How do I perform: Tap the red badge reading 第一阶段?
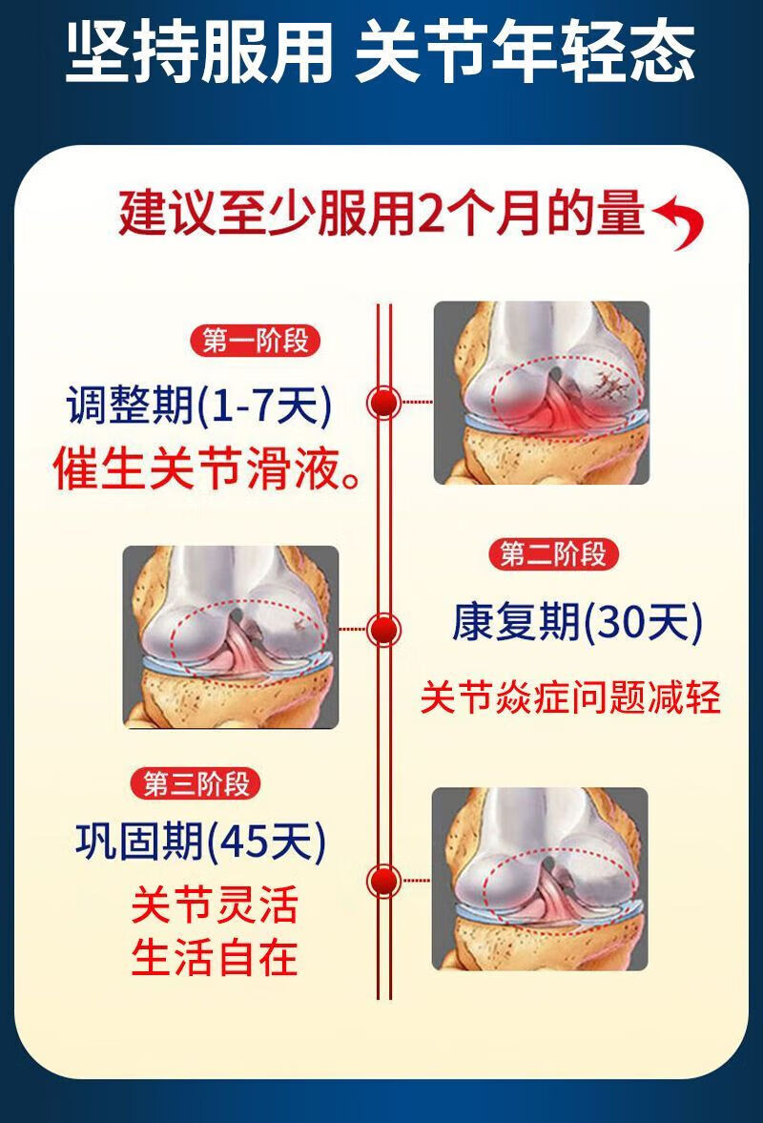[x=256, y=341]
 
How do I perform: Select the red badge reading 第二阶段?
[x=553, y=553]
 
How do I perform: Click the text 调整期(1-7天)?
[x=199, y=408]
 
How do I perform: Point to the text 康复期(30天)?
[x=577, y=624]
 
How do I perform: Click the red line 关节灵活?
[x=214, y=905]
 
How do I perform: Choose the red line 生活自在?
[x=214, y=957]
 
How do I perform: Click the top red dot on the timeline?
[x=384, y=403]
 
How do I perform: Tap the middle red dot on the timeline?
[x=384, y=628]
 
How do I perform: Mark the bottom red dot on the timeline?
[x=384, y=881]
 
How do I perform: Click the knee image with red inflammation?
[x=541, y=392]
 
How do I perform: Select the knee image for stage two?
[x=231, y=636]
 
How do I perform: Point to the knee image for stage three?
[x=540, y=879]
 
